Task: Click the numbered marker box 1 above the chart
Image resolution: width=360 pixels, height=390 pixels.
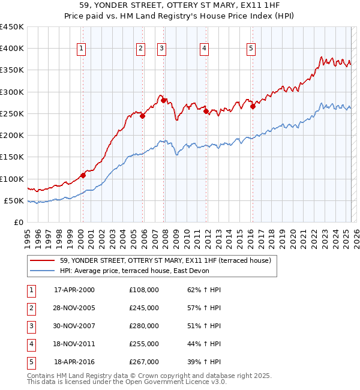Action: [x=81, y=49]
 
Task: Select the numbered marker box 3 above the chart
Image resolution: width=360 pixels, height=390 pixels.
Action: [x=162, y=49]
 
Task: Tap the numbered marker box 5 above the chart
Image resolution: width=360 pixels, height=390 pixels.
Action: [x=251, y=49]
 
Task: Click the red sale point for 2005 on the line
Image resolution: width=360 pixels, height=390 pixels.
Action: [x=143, y=116]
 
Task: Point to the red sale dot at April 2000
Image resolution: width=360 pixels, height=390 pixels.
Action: [x=83, y=175]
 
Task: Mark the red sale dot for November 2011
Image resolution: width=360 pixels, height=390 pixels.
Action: [x=206, y=111]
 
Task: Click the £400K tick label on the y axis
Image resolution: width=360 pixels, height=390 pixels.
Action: [x=12, y=49]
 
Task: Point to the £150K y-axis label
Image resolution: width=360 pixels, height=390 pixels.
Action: [x=12, y=157]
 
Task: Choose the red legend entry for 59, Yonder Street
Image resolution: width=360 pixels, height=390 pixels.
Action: [x=166, y=260]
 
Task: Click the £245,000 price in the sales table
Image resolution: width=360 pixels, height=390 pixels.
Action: [x=144, y=308]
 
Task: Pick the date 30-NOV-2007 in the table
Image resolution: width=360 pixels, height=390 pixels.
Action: [x=74, y=326]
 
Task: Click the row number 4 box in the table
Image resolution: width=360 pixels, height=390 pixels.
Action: [x=31, y=344]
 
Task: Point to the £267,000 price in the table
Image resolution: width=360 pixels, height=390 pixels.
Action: [x=144, y=362]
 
